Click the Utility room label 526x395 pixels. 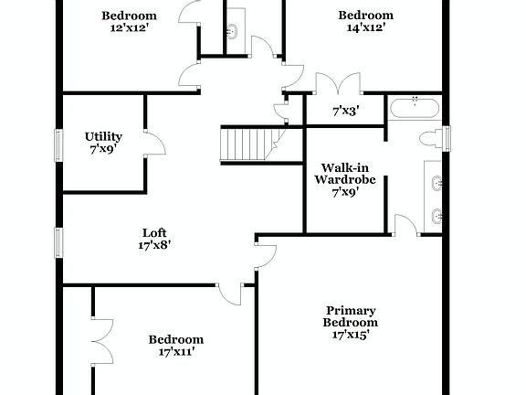pos(103,136)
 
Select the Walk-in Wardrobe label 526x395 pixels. pos(344,174)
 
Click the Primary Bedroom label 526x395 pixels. pos(351,316)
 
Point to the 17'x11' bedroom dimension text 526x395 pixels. pos(176,351)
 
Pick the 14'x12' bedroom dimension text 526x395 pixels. pos(365,27)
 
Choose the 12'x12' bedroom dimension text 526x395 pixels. pos(129,27)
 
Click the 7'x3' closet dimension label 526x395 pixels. pos(345,112)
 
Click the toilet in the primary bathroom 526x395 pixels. pos(430,138)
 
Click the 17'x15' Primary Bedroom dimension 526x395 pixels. pos(351,335)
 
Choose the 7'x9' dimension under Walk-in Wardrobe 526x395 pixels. pos(344,192)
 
